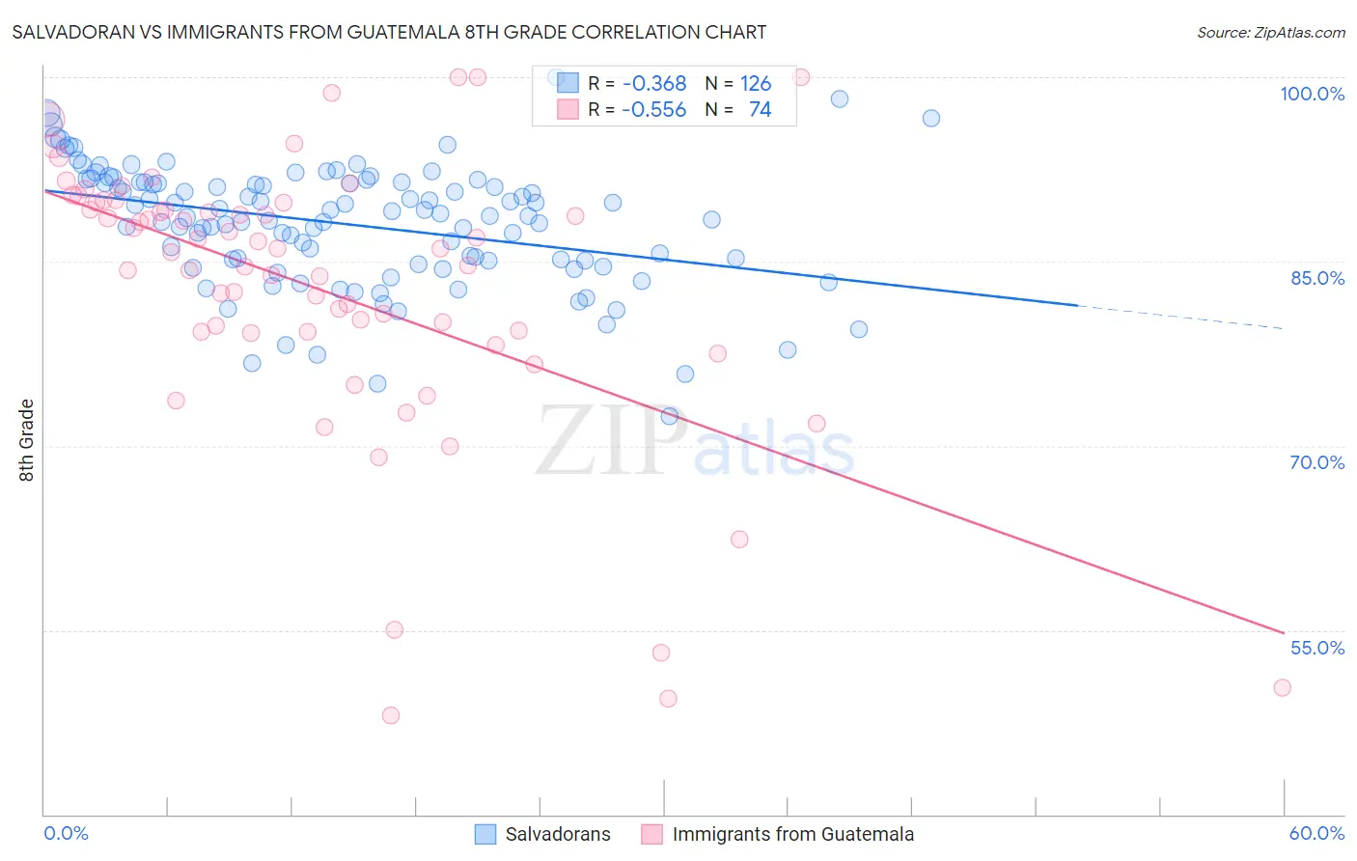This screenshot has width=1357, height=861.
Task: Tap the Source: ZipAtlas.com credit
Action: point(1270,32)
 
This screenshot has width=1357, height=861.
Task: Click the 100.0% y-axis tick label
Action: point(1312,94)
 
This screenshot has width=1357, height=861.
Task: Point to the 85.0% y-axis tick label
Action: point(1316,278)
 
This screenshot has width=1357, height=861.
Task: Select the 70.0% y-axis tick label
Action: point(1316,462)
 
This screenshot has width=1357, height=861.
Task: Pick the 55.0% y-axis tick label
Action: point(1316,648)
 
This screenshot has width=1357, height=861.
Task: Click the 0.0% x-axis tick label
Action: point(66,833)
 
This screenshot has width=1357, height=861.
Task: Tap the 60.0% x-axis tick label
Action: point(1316,833)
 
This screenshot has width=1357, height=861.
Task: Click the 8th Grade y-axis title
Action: point(27,440)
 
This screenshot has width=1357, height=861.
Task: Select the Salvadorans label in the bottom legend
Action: point(558,834)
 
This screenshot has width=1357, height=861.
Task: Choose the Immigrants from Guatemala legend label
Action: point(792,834)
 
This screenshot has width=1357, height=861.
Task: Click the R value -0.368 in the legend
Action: point(654,84)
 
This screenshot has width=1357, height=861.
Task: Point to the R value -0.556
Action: point(654,110)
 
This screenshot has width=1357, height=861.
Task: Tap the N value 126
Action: point(756,84)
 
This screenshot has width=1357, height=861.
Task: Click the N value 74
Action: point(760,110)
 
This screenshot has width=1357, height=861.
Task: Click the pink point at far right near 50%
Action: point(1282,687)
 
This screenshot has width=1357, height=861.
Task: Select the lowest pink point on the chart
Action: point(391,715)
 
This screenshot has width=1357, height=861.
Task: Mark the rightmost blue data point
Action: point(930,118)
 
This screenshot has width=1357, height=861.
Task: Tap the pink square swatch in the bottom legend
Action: point(652,834)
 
